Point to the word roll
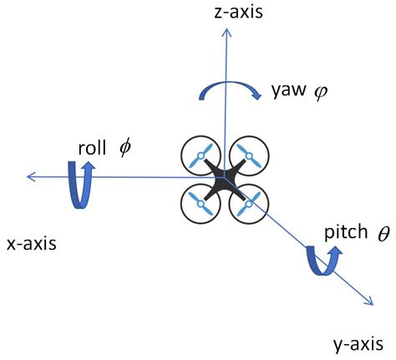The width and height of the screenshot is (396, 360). click(94, 149)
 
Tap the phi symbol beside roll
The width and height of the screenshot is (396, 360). click(125, 148)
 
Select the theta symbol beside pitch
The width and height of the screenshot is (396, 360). click(383, 234)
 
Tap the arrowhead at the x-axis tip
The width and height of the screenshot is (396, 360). click(30, 175)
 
